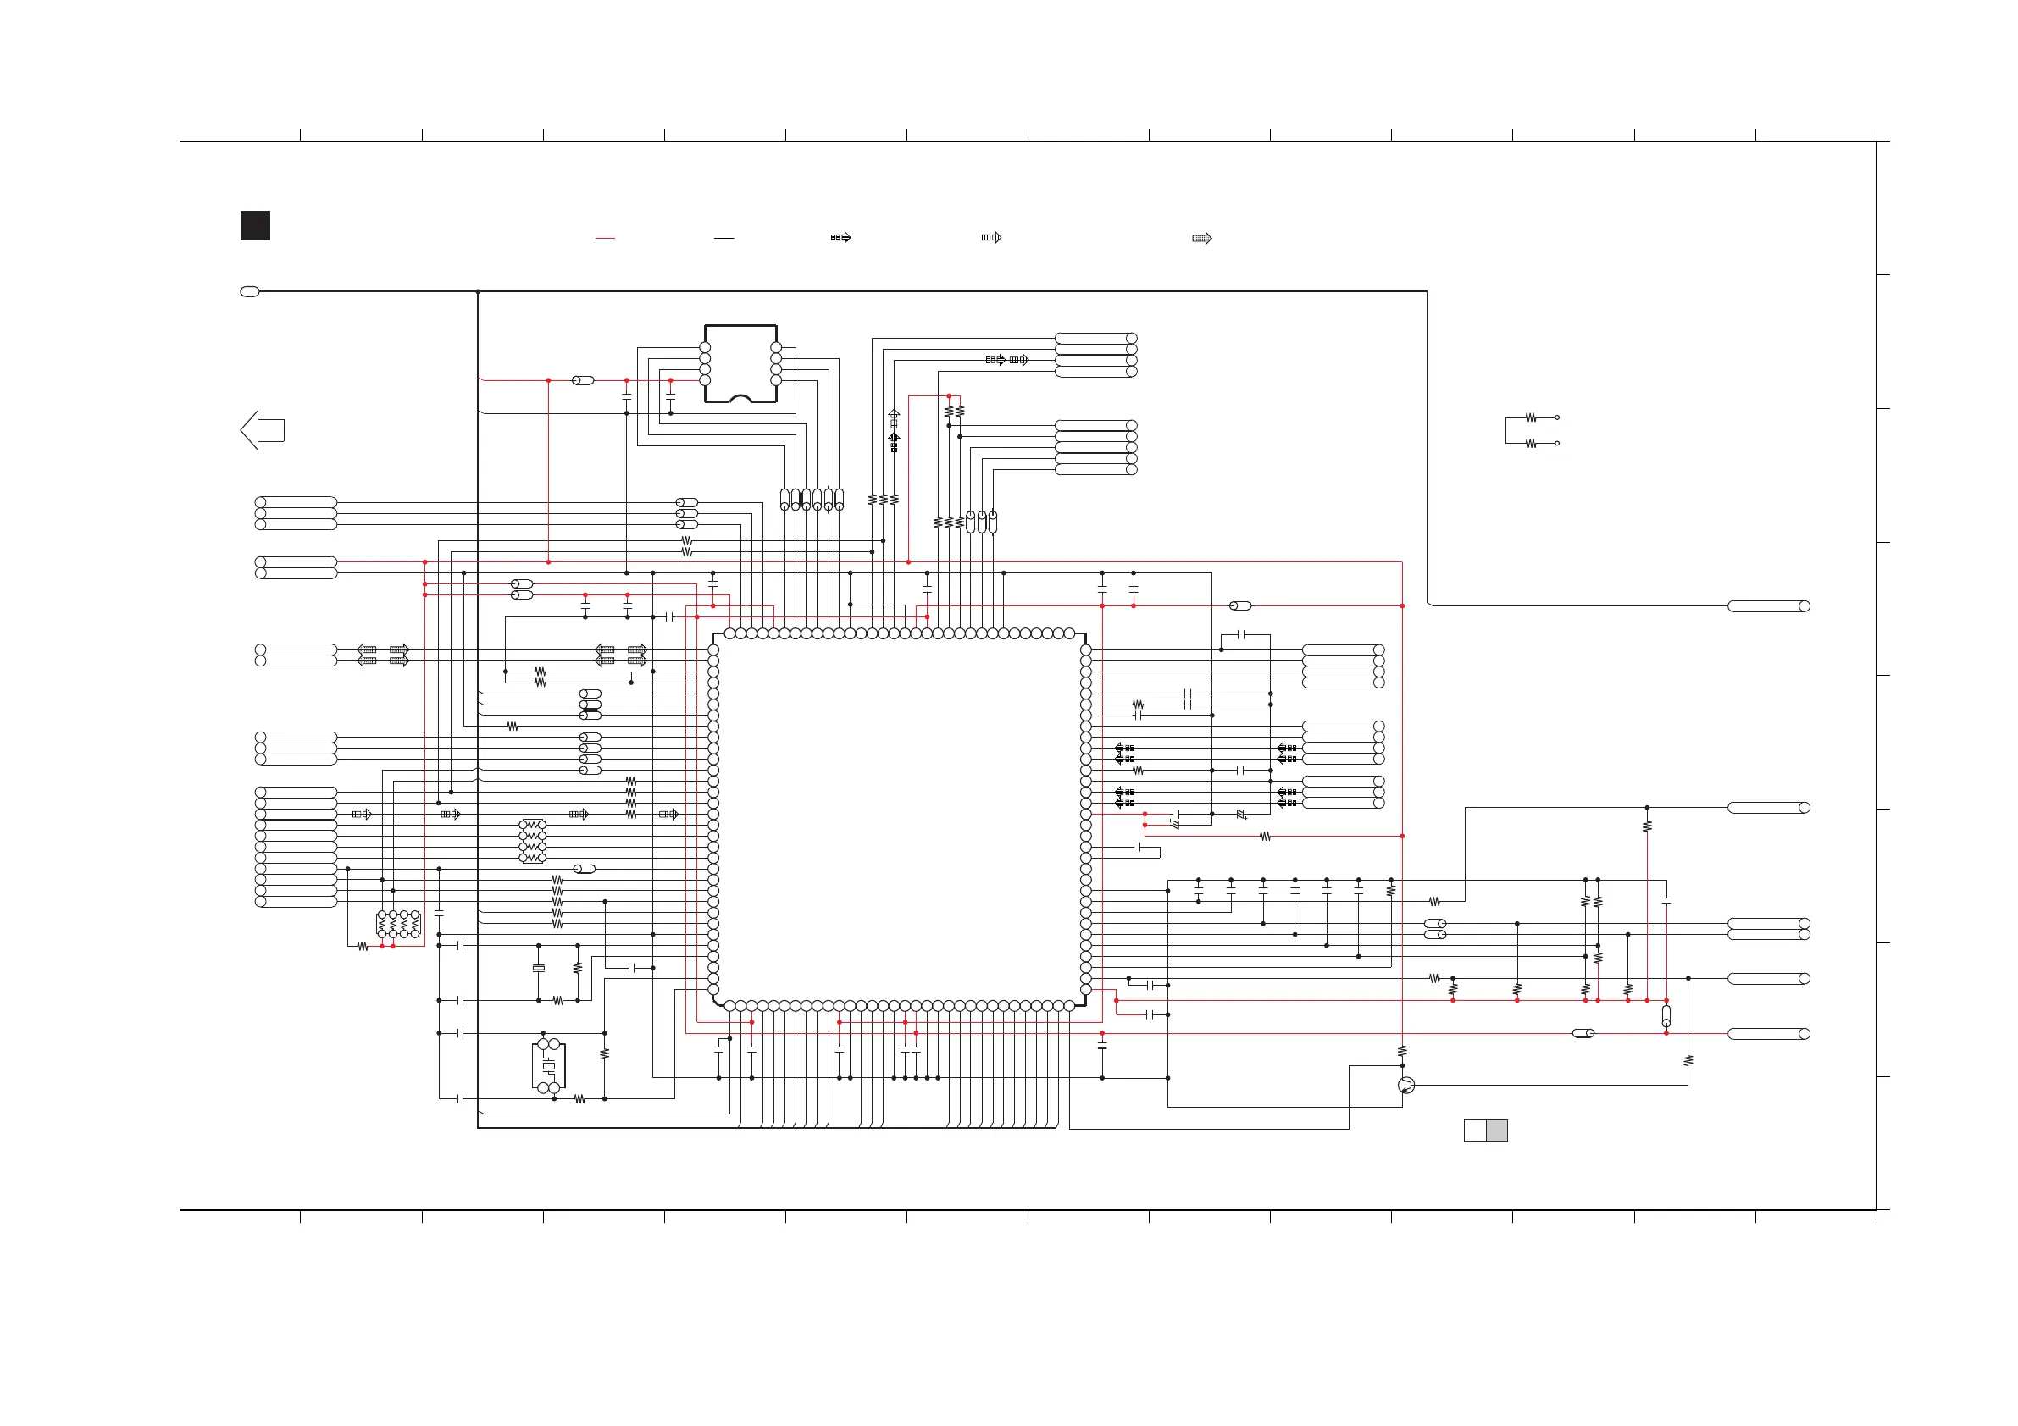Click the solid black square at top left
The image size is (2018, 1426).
coord(255,226)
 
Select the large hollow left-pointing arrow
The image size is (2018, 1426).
coord(262,430)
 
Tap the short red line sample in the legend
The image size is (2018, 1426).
coord(605,238)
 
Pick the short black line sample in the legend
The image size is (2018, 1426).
coord(723,238)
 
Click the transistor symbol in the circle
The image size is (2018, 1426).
coord(1406,1085)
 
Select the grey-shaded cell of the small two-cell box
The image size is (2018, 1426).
coord(1497,1130)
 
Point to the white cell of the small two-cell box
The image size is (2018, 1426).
coord(1475,1130)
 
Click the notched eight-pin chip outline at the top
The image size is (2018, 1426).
coord(740,364)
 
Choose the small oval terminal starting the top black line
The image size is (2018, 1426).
coord(250,291)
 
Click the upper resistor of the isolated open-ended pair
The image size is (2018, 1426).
coord(1531,417)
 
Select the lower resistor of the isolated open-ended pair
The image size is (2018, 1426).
coord(1531,444)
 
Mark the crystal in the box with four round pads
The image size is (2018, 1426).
coord(548,1066)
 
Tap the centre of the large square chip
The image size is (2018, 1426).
coord(899,819)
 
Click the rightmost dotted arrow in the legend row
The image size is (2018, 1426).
coord(1201,238)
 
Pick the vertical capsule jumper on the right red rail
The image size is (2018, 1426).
coord(1666,1016)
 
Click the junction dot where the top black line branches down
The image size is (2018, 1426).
coord(478,291)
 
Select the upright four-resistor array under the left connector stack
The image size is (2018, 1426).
coord(398,925)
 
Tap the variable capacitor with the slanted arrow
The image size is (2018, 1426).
coord(1241,815)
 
